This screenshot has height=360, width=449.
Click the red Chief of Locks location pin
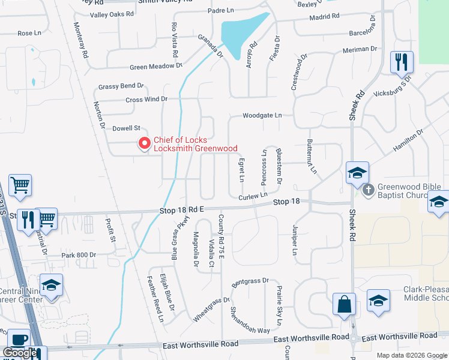(x=144, y=144)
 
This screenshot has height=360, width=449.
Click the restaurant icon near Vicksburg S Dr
(x=400, y=61)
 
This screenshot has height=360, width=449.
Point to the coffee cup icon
(x=18, y=340)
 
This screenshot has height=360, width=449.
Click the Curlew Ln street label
(x=252, y=196)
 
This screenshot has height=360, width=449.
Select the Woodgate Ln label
(x=262, y=115)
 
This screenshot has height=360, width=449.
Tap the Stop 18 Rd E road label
(x=182, y=210)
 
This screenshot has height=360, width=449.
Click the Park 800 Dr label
(x=79, y=256)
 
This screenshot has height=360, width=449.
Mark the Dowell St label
(x=126, y=128)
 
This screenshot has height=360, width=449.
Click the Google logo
(x=19, y=353)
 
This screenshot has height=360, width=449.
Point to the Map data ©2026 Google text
(x=412, y=355)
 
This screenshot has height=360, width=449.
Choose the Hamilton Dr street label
(x=408, y=139)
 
